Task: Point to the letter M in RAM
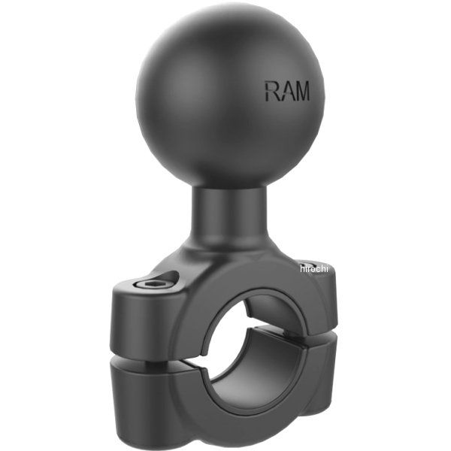(x=301, y=92)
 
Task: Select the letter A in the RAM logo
(x=286, y=92)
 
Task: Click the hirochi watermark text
(x=315, y=268)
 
